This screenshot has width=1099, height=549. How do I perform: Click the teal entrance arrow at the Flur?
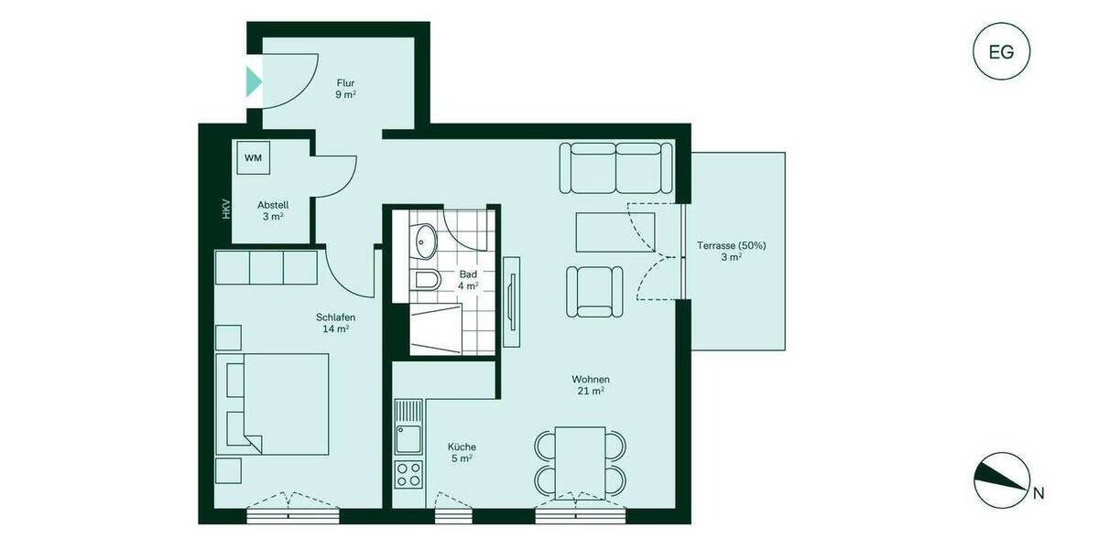pyautogui.click(x=254, y=81)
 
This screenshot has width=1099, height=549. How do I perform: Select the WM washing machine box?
pyautogui.click(x=253, y=157)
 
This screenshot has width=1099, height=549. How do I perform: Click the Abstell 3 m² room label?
pyautogui.click(x=273, y=210)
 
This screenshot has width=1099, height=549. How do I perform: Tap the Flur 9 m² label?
pyautogui.click(x=345, y=88)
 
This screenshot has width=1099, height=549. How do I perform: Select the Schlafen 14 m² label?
pyautogui.click(x=335, y=323)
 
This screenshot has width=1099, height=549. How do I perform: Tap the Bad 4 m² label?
pyautogui.click(x=468, y=279)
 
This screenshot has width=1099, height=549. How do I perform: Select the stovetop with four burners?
pyautogui.click(x=408, y=474)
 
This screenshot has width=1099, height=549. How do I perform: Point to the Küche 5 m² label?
pyautogui.click(x=462, y=452)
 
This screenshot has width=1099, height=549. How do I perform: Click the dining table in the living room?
pyautogui.click(x=580, y=463)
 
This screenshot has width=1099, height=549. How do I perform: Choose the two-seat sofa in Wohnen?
pyautogui.click(x=615, y=167)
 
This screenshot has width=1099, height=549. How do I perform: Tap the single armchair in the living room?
pyautogui.click(x=594, y=290)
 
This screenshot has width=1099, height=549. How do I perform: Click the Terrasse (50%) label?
pyautogui.click(x=730, y=251)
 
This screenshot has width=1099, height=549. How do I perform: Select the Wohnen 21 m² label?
pyautogui.click(x=591, y=385)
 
